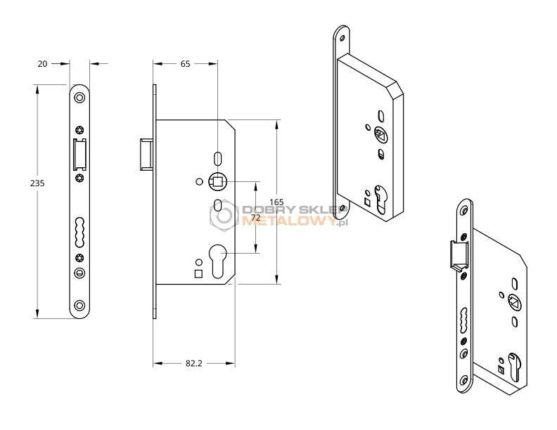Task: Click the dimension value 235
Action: [37, 183]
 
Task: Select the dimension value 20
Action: [42, 64]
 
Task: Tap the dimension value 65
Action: [186, 64]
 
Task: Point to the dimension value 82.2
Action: [194, 363]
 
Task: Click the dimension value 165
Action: [276, 202]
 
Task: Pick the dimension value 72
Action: [256, 218]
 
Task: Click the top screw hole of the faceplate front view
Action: [79, 98]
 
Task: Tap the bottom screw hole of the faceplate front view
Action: [79, 305]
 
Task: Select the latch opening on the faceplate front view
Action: [79, 155]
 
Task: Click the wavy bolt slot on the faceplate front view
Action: [79, 232]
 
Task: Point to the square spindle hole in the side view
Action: [217, 182]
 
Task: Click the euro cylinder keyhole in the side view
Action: [217, 261]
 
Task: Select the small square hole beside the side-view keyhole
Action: [198, 274]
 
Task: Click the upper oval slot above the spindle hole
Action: [217, 158]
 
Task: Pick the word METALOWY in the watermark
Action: [289, 221]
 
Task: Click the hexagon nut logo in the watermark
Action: [224, 215]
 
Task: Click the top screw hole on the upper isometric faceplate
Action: [342, 38]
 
